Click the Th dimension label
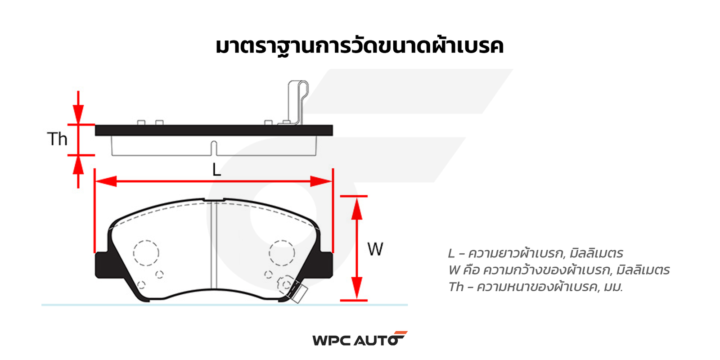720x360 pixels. [57, 139]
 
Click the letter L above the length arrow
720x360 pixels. [216, 170]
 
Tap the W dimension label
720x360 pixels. [375, 249]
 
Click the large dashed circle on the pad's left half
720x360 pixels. [146, 252]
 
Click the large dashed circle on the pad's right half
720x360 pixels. [282, 252]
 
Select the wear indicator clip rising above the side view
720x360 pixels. [297, 101]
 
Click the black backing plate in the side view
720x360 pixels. [214, 130]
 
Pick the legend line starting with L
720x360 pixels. [535, 253]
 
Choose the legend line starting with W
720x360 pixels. [559, 270]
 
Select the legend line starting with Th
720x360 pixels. [535, 287]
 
